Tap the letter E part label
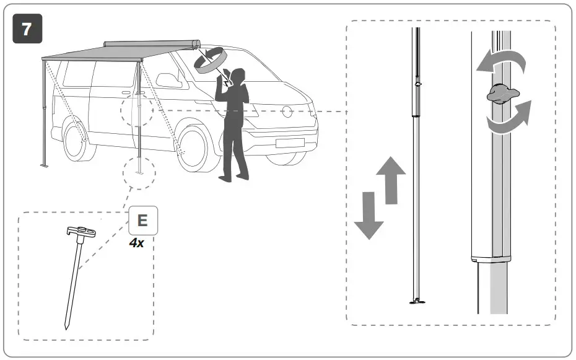pos(142,221)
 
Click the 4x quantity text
pos(137,244)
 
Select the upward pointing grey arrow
pos(391,180)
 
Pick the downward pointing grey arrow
pos(369,214)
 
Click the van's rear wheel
pos(74,141)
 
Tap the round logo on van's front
pos(287,112)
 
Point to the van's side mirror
pos(167,81)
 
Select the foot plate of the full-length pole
pos(417,302)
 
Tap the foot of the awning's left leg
pos(45,165)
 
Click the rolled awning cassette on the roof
pos(152,45)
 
